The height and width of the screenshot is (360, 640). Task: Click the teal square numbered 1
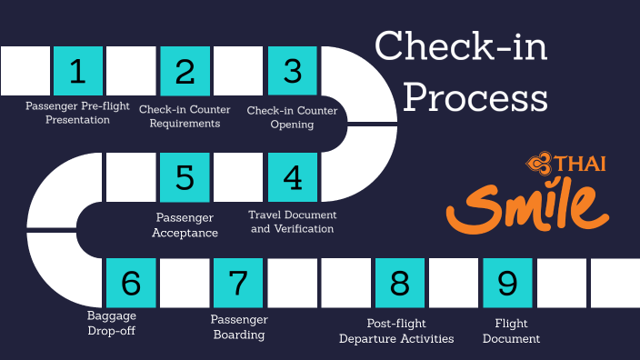pyautogui.click(x=78, y=71)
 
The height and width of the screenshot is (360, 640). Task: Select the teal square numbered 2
pyautogui.click(x=185, y=71)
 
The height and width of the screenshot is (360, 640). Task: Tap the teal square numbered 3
pyautogui.click(x=292, y=71)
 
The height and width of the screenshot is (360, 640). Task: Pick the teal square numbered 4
pyautogui.click(x=292, y=177)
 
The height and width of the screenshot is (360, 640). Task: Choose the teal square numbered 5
pyautogui.click(x=185, y=177)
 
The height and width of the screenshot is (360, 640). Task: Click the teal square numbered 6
pyautogui.click(x=131, y=284)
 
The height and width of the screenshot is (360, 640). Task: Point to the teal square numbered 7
pyautogui.click(x=238, y=284)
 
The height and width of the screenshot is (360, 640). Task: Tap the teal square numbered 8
pyautogui.click(x=400, y=284)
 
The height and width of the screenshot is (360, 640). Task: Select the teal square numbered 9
pyautogui.click(x=507, y=284)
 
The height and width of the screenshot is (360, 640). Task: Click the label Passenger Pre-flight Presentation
pyautogui.click(x=77, y=114)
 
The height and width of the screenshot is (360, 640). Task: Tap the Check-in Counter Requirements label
pyautogui.click(x=185, y=117)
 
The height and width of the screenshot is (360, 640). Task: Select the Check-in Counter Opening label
pyautogui.click(x=293, y=117)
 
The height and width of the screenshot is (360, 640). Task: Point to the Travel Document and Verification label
pyautogui.click(x=293, y=222)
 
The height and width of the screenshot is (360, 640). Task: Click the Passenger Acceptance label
pyautogui.click(x=185, y=225)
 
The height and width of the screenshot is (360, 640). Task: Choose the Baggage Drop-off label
pyautogui.click(x=112, y=323)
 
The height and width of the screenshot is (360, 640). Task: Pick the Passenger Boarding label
pyautogui.click(x=239, y=327)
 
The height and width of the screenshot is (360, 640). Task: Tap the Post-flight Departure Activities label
pyautogui.click(x=396, y=331)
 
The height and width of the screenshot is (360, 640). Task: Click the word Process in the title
pyautogui.click(x=475, y=96)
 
